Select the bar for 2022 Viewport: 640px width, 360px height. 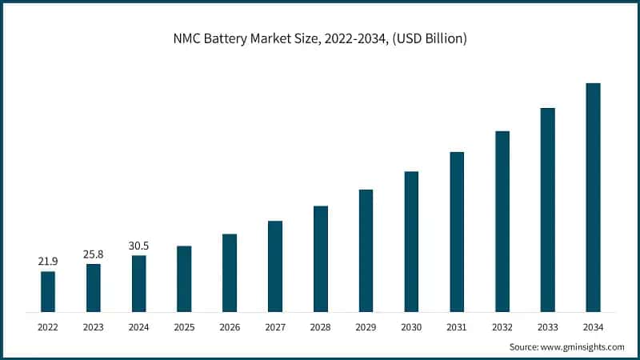48,291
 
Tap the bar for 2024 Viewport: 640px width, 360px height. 138,283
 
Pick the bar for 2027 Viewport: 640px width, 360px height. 275,266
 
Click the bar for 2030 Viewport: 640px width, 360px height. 411,241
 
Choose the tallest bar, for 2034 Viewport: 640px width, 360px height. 593,197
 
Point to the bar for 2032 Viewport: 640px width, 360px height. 502,221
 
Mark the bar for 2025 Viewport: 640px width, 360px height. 184,278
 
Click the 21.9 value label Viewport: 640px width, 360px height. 48,262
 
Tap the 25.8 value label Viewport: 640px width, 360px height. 94,254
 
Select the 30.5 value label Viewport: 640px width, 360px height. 138,246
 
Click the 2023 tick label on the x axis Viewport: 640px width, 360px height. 94,327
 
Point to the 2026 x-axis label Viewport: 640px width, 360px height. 230,327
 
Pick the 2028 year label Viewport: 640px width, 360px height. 320,327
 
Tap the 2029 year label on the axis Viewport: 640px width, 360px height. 366,327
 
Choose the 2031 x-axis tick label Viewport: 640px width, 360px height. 457,327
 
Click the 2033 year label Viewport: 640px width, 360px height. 547,327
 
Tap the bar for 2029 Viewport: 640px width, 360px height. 366,250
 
